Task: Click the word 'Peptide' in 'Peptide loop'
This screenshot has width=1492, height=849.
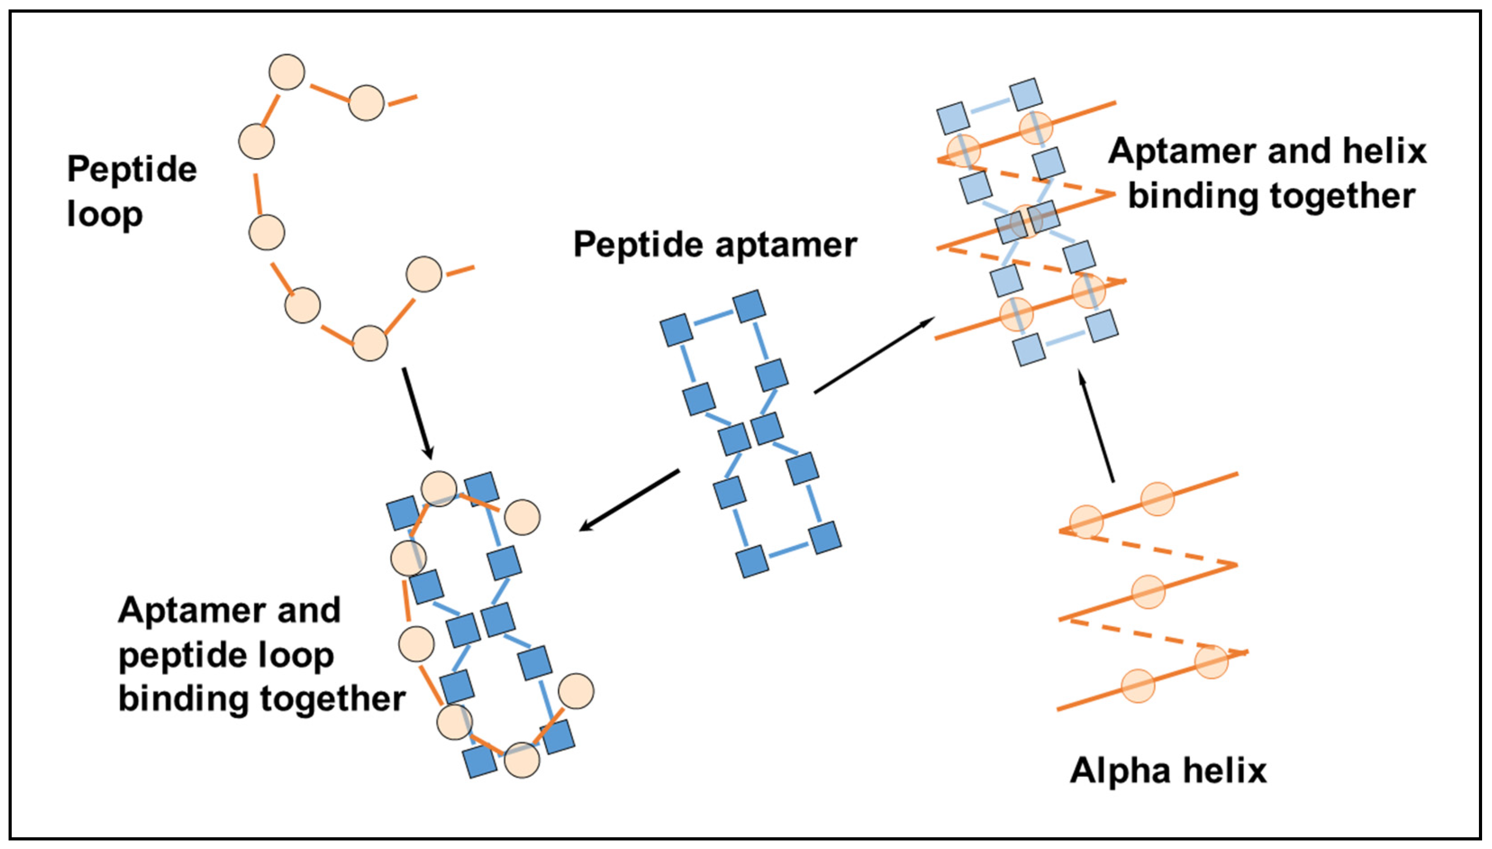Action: (x=132, y=170)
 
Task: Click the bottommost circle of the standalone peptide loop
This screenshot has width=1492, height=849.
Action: (x=370, y=344)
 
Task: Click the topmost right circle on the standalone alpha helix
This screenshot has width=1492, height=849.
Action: (x=1157, y=499)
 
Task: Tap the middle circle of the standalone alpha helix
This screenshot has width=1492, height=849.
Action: (x=1148, y=592)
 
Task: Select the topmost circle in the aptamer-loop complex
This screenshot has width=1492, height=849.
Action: (x=439, y=489)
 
